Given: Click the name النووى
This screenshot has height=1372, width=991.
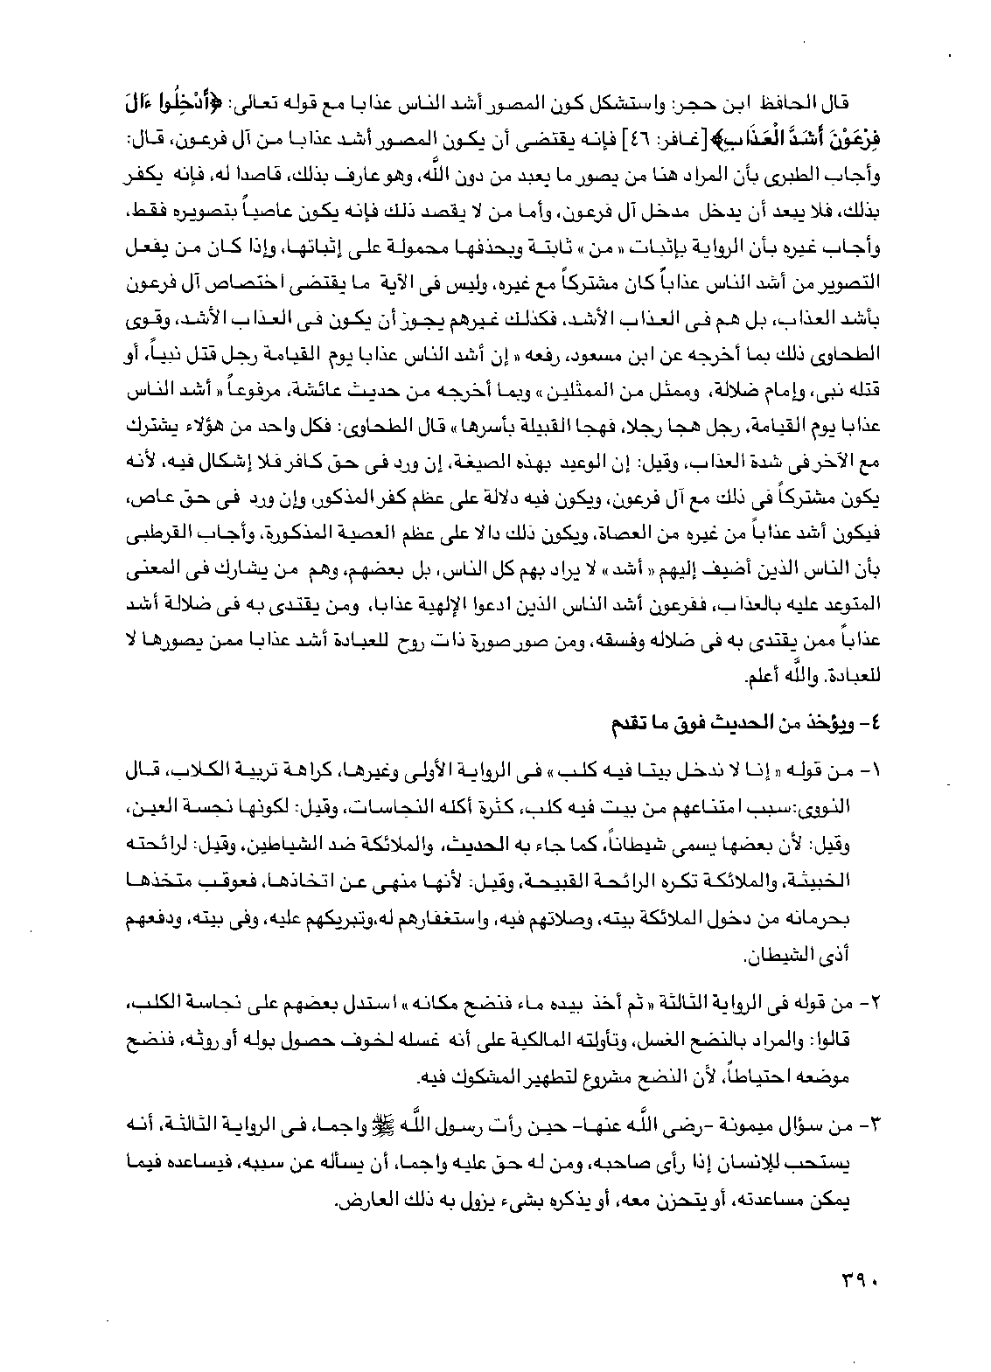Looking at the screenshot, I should tap(818, 801).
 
